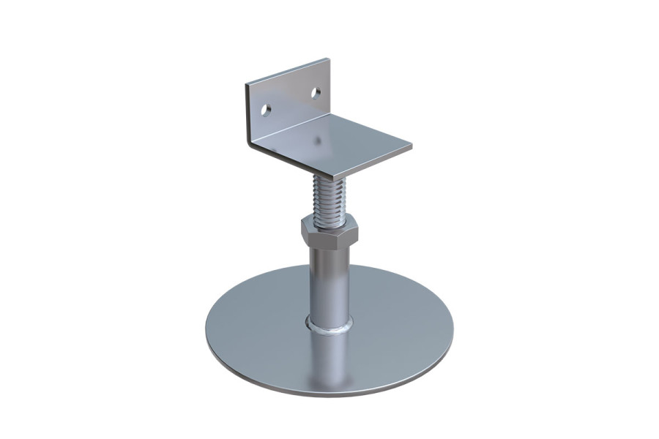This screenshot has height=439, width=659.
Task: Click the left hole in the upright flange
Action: pyautogui.click(x=267, y=110)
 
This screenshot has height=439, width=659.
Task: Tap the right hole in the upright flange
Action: pyautogui.click(x=316, y=93)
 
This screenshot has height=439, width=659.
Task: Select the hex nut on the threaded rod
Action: pyautogui.click(x=329, y=233)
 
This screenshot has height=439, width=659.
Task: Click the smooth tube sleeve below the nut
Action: pyautogui.click(x=329, y=282)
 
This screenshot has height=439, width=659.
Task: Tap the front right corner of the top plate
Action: pyautogui.click(x=410, y=147)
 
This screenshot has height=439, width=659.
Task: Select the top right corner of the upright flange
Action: pyautogui.click(x=329, y=60)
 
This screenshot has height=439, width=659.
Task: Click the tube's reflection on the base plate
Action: pyautogui.click(x=329, y=359)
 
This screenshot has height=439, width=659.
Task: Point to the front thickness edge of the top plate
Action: pyautogui.click(x=366, y=165)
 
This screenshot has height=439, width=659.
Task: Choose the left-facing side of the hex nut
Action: pyautogui.click(x=308, y=234)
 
